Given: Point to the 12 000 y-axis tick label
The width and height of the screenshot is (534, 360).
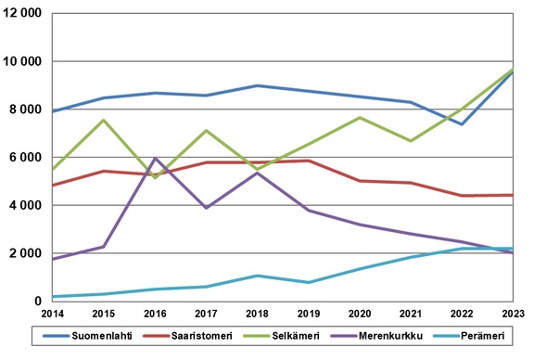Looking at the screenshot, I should [x=24, y=14].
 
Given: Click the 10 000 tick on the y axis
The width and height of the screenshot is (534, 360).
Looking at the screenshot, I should [x=24, y=61].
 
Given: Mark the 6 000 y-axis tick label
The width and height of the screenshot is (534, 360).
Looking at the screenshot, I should [x=28, y=158].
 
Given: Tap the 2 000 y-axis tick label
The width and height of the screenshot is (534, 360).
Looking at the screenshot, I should [x=28, y=253].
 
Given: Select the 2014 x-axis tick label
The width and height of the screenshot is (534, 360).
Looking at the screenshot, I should [x=53, y=315].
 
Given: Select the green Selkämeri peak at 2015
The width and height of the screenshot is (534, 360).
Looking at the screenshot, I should [x=104, y=120].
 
